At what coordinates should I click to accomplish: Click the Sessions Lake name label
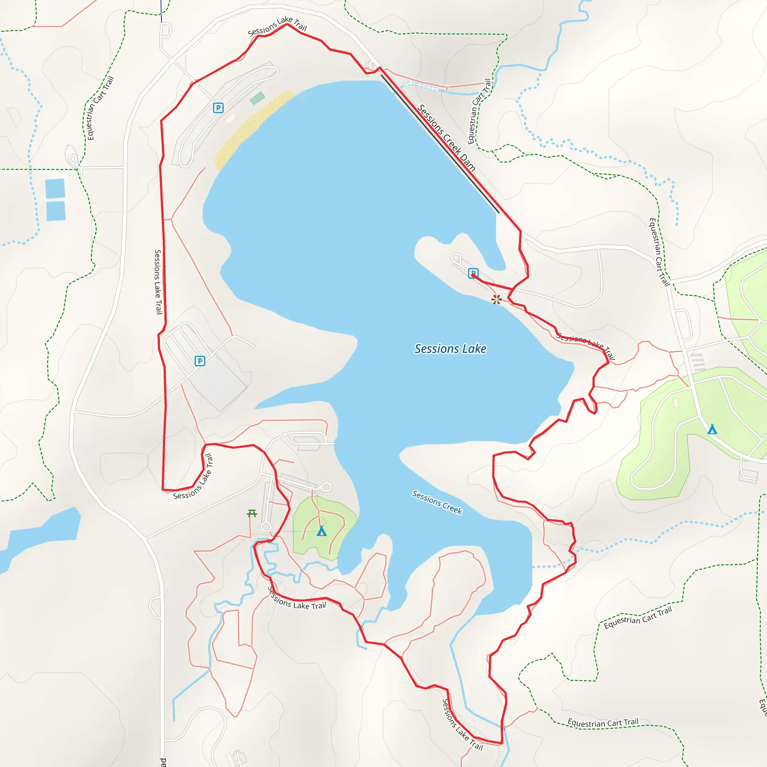(x=450, y=349)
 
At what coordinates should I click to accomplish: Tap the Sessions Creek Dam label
(x=446, y=138)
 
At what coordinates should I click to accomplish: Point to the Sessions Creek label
(x=437, y=502)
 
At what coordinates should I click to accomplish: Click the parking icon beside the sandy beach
(x=218, y=107)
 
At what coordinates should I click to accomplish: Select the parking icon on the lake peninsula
(x=473, y=273)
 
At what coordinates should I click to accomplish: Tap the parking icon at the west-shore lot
(x=200, y=361)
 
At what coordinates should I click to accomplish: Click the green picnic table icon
(x=252, y=514)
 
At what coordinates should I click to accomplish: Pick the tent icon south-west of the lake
(x=322, y=531)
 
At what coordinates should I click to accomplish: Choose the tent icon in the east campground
(x=712, y=429)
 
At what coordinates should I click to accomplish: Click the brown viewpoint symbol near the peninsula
(x=496, y=299)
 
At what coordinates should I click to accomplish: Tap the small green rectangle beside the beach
(x=257, y=98)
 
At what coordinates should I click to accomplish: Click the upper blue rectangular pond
(x=55, y=189)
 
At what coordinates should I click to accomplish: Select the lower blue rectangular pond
(x=56, y=211)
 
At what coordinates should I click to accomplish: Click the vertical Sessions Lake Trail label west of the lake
(x=158, y=282)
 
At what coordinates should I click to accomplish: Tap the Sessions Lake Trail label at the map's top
(x=277, y=26)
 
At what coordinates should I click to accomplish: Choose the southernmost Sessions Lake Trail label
(x=462, y=725)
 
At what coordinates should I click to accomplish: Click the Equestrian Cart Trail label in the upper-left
(x=100, y=108)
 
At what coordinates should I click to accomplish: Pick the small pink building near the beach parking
(x=230, y=118)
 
